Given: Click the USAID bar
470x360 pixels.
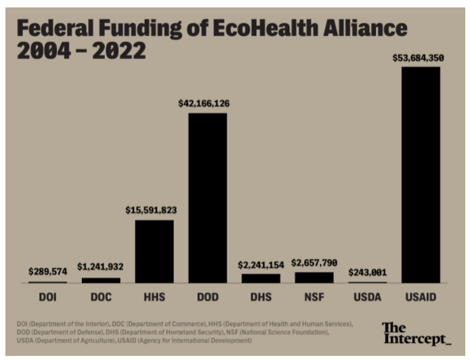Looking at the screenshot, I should click(x=421, y=175).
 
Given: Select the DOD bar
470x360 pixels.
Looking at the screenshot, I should click(x=207, y=198).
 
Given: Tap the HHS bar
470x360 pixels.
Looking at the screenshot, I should click(x=154, y=251).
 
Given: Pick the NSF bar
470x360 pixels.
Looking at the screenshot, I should click(x=314, y=277).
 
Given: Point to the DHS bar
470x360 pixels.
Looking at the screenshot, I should click(x=261, y=278).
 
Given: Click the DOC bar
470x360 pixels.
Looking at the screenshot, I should click(x=101, y=279).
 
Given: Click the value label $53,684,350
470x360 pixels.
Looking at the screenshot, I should click(x=418, y=58).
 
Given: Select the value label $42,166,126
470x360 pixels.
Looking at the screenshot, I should click(x=204, y=104).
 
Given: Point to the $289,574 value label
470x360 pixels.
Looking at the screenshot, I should click(x=47, y=272).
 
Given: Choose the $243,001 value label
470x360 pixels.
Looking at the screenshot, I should click(x=367, y=273).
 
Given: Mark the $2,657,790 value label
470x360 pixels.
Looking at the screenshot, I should click(x=314, y=263).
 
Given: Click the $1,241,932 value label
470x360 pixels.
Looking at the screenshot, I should click(x=100, y=267).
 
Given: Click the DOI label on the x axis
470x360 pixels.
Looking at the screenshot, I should click(x=47, y=297).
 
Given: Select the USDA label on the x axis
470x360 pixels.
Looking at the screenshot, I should click(x=368, y=297).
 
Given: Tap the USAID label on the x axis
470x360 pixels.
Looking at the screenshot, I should click(x=421, y=297).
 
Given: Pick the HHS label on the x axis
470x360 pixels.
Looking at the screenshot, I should click(x=154, y=297).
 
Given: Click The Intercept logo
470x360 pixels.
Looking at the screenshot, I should click(x=416, y=333).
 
